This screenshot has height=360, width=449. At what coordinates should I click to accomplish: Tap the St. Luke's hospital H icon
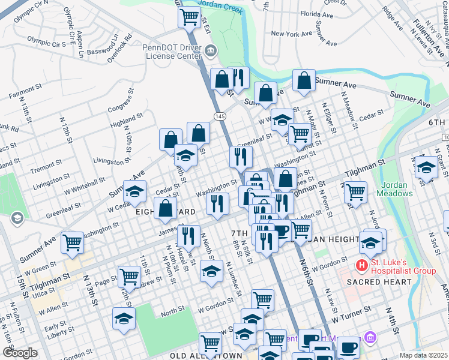[x=362, y=265]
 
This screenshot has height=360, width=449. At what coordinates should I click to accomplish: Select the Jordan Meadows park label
[x=395, y=189]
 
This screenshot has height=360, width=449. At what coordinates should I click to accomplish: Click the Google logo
[x=20, y=353]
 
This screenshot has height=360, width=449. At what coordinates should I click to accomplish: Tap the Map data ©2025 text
[x=423, y=355]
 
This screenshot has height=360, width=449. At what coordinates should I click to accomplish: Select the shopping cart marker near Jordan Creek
[x=190, y=16]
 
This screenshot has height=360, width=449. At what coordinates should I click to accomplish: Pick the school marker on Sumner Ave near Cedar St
[x=135, y=191]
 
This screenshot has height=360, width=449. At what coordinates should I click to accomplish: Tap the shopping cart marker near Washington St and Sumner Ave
[x=73, y=242]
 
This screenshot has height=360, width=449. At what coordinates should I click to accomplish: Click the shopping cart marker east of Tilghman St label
[x=355, y=192]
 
